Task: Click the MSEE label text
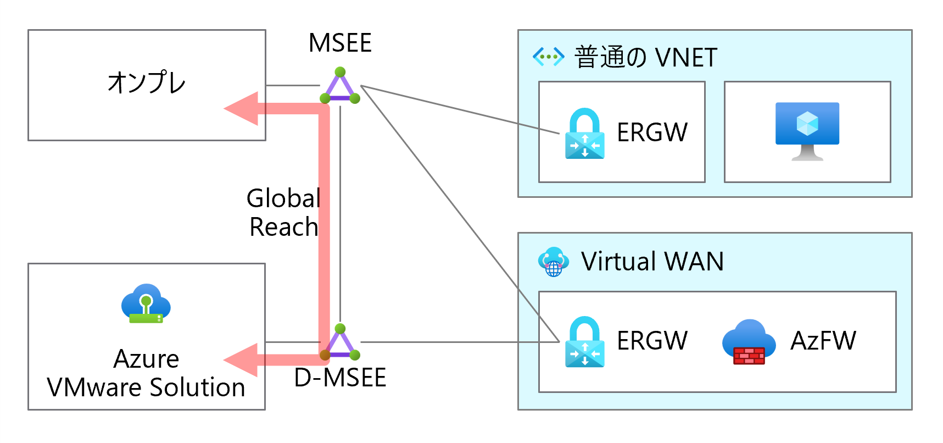tap(340, 43)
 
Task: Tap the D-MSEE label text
tap(340, 378)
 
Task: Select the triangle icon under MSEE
tap(340, 86)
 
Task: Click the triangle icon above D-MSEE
tap(340, 342)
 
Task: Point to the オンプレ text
tap(147, 83)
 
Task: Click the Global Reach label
tap(283, 212)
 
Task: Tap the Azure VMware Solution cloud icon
tap(146, 303)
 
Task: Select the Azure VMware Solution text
tap(146, 373)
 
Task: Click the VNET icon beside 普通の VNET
tap(549, 56)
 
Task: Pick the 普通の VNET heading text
tap(646, 57)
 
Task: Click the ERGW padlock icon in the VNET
tap(585, 134)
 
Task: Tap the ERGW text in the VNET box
tap(652, 132)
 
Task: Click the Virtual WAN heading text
tap(652, 262)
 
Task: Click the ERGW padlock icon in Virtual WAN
tap(585, 341)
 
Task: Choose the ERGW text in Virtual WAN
tap(652, 341)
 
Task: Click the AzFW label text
tap(823, 341)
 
